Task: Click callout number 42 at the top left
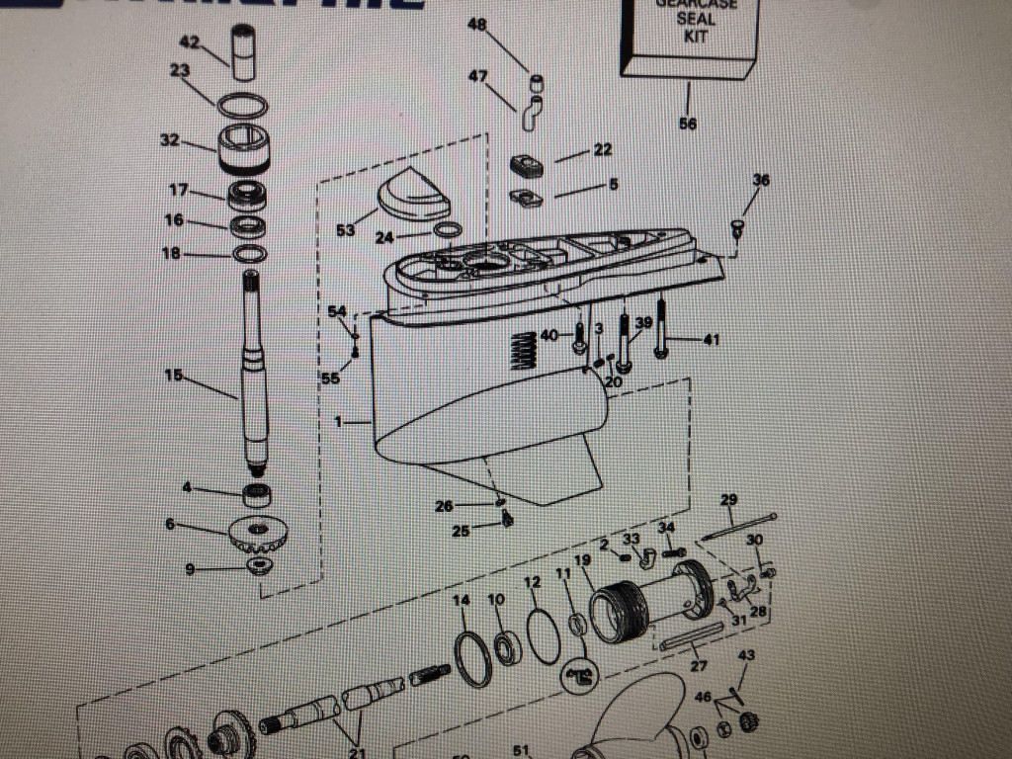(188, 42)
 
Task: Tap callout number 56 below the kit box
(688, 124)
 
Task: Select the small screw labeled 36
(736, 228)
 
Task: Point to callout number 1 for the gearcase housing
(339, 422)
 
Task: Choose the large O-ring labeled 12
(543, 633)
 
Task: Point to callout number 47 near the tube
(477, 76)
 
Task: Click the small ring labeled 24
(447, 232)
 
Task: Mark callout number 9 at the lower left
(190, 569)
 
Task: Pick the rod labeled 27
(696, 641)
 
